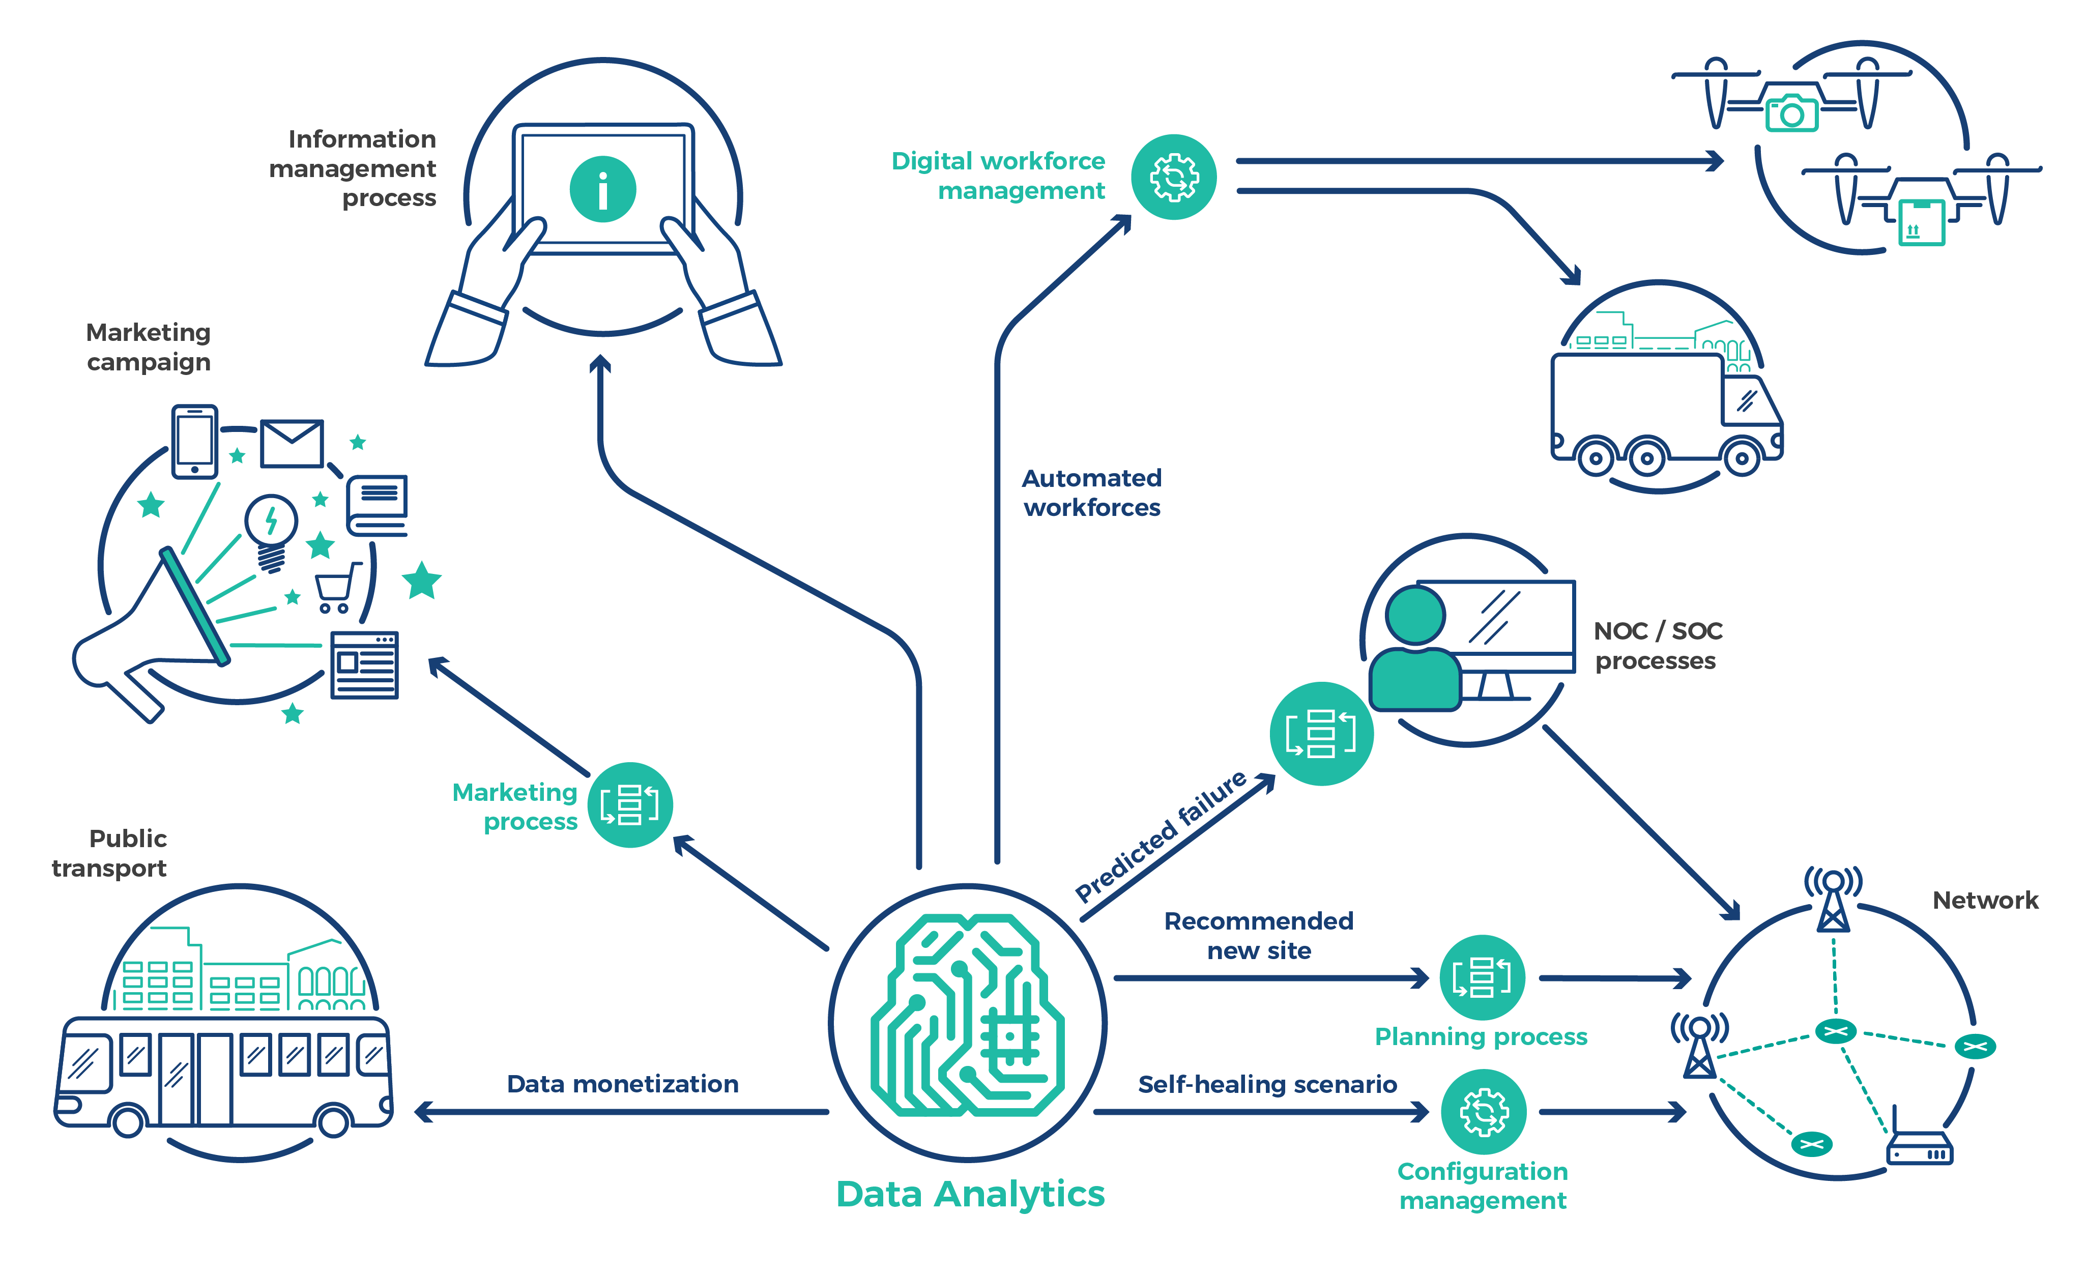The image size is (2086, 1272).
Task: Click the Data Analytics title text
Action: coord(970,1194)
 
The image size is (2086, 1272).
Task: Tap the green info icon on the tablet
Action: coord(603,189)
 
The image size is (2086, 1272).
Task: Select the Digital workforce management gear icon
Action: coord(1174,177)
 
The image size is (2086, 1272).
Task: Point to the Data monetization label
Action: coord(622,1084)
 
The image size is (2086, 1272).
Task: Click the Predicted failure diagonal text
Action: coord(1160,836)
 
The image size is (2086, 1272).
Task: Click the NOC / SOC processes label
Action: coord(1657,645)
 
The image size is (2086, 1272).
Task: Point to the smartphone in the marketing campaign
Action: coord(195,441)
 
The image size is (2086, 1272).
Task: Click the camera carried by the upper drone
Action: coord(1791,112)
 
